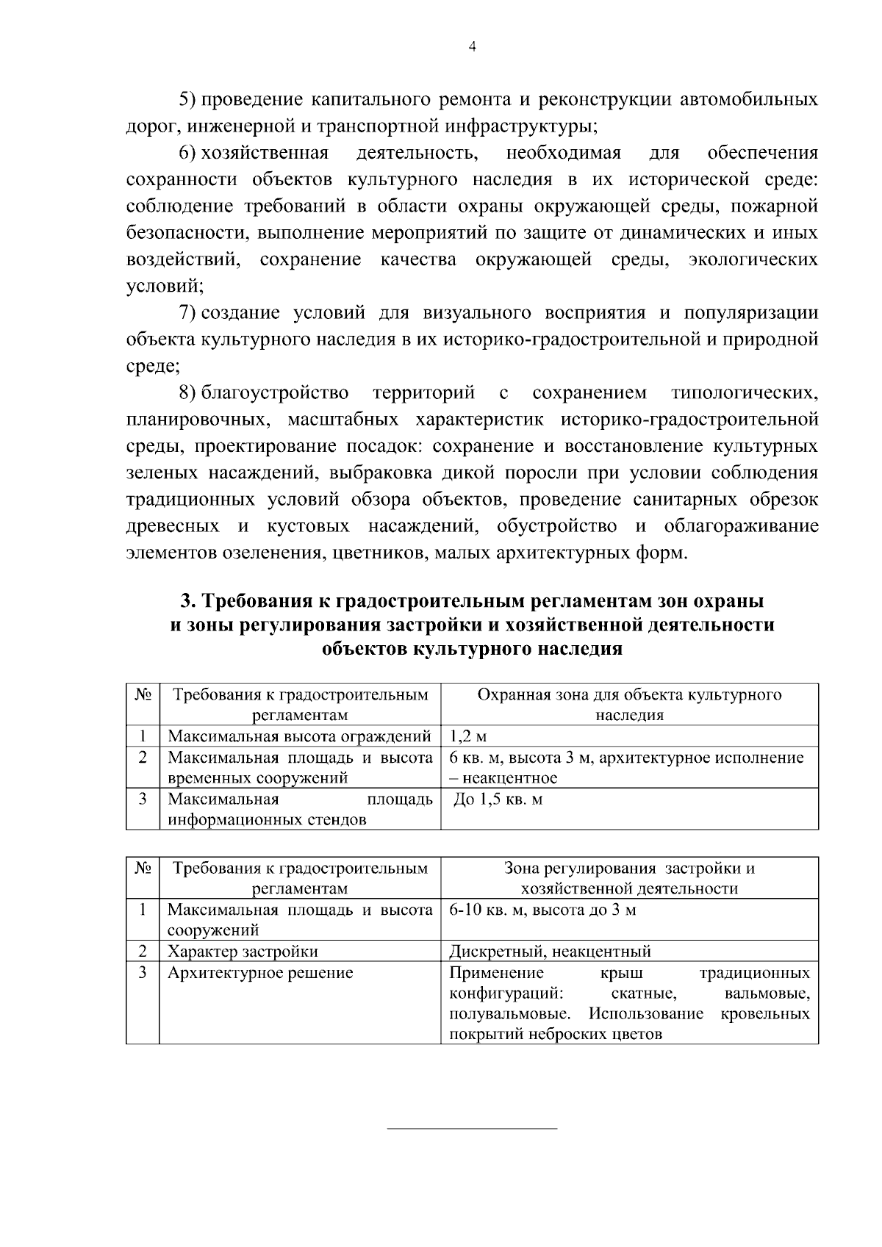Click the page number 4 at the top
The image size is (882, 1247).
coord(473,46)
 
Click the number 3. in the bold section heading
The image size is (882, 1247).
coord(187,601)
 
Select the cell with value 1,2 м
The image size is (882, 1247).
coord(467,736)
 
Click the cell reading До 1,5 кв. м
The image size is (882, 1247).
coord(498,799)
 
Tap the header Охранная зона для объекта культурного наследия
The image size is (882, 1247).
coord(629,705)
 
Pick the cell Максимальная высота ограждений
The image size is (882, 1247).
coord(299,736)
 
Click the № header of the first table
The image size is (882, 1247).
coord(143,694)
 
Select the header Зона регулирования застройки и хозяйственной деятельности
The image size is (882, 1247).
coord(629,878)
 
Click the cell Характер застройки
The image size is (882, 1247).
coord(243,952)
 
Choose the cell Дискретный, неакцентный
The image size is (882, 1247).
coord(550,952)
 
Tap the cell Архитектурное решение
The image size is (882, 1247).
coord(260,973)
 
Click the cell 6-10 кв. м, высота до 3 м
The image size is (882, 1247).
coord(542,910)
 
